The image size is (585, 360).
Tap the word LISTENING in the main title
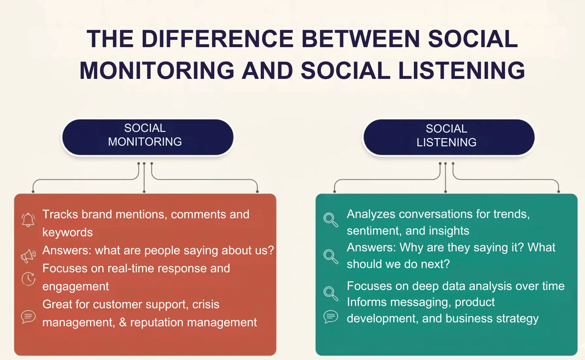coord(461,71)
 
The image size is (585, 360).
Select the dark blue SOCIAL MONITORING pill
coord(148,137)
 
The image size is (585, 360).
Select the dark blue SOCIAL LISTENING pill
coord(449,137)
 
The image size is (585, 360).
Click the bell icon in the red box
coord(28,219)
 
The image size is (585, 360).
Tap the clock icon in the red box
coord(28,279)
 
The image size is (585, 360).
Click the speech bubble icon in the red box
coord(28,316)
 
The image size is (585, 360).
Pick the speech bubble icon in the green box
coord(330,316)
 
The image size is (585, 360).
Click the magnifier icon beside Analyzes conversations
coord(330,219)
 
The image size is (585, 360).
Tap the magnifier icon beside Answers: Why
coord(330,256)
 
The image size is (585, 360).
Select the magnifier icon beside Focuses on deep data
coord(330,293)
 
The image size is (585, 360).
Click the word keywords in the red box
coord(67,232)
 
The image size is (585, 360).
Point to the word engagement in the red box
coord(76,286)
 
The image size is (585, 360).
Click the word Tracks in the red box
coord(60,214)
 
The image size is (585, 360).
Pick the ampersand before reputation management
coord(123,322)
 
